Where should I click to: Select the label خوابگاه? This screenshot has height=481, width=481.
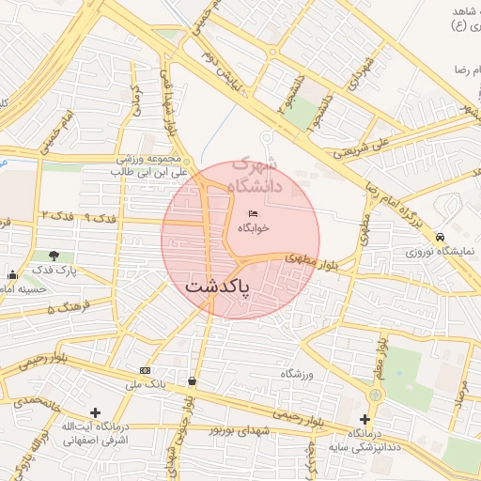point(253,227)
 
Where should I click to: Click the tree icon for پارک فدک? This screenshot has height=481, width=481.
point(54,256)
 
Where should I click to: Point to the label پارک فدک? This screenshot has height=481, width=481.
point(54,271)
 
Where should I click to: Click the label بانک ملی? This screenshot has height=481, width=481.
point(145,384)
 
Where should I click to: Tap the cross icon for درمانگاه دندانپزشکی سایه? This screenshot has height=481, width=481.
point(365,418)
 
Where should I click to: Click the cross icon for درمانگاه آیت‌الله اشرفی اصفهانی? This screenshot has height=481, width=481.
point(95,412)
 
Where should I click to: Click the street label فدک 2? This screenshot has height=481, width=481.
point(56,216)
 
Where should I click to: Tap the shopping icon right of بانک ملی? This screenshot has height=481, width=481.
point(193,381)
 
